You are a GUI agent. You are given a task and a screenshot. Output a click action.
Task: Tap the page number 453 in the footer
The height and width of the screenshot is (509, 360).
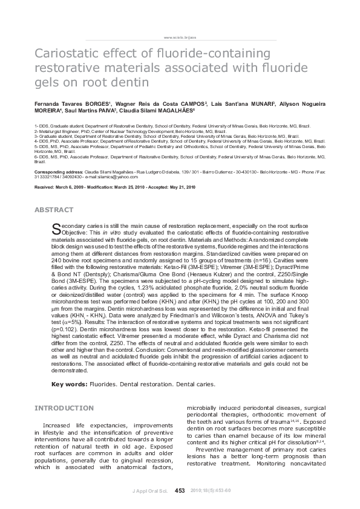pos(180,490)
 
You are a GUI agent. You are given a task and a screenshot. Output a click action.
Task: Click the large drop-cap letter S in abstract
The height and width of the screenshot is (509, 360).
pos(56,228)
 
